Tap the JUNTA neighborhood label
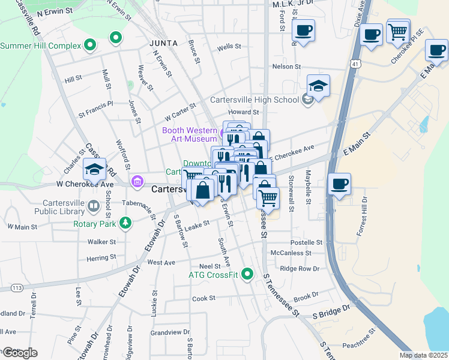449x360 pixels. click(x=163, y=43)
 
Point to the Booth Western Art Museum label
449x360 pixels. click(x=189, y=134)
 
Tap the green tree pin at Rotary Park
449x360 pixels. click(x=125, y=224)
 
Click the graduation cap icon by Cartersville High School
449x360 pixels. click(x=318, y=85)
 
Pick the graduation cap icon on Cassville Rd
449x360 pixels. click(x=94, y=169)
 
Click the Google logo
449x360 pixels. click(x=19, y=353)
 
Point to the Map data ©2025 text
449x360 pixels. click(x=423, y=355)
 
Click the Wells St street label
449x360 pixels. click(x=229, y=46)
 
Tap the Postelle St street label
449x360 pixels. click(x=307, y=242)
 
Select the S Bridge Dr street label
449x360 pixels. click(x=330, y=311)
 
